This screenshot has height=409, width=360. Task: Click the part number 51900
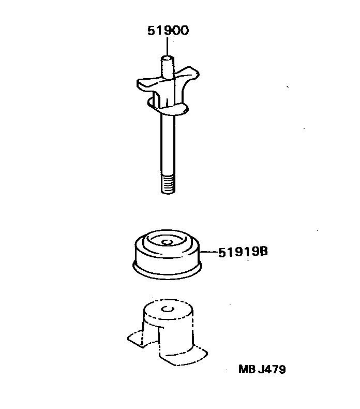(168, 31)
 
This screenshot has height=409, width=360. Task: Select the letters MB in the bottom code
(247, 370)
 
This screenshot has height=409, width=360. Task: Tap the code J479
(273, 370)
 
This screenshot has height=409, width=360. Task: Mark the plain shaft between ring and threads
(168, 145)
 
